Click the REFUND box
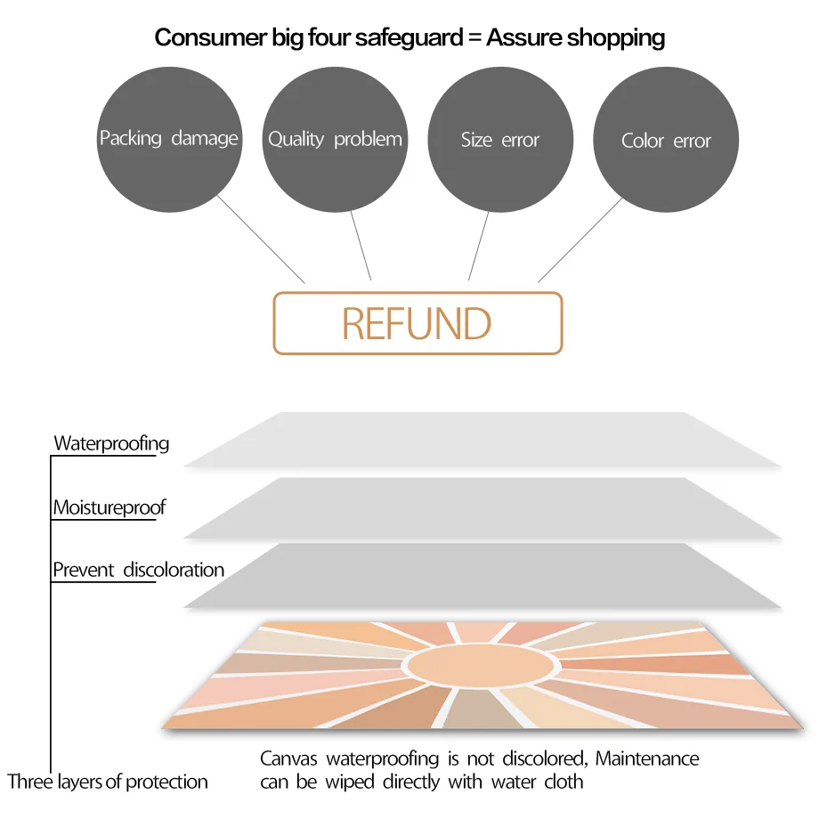pyautogui.click(x=418, y=323)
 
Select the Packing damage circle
pyautogui.click(x=169, y=139)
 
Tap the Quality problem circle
pyautogui.click(x=336, y=139)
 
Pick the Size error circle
pyautogui.click(x=500, y=140)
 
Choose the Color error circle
pyautogui.click(x=666, y=141)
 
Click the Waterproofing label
pyautogui.click(x=111, y=442)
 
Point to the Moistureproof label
pyautogui.click(x=109, y=507)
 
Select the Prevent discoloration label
pyautogui.click(x=138, y=570)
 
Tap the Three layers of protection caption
pyautogui.click(x=108, y=782)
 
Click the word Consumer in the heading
pyautogui.click(x=203, y=37)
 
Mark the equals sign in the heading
pyautogui.click(x=474, y=37)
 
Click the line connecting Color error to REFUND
pyautogui.click(x=580, y=239)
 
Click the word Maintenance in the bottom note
pyautogui.click(x=647, y=758)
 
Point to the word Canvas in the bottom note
pyautogui.click(x=288, y=758)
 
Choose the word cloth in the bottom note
pyautogui.click(x=563, y=782)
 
